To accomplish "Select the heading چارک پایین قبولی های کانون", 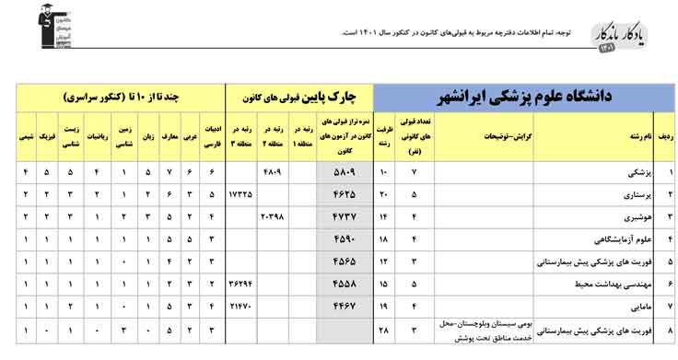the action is click(299, 96).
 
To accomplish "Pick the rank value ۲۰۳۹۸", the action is click(273, 217).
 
